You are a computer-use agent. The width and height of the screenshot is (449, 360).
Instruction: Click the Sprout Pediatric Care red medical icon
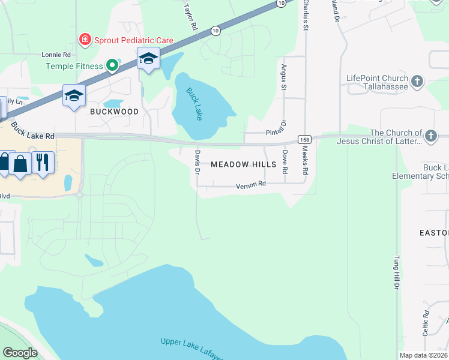[85, 40]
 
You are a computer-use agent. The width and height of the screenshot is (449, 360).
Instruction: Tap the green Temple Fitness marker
[112, 65]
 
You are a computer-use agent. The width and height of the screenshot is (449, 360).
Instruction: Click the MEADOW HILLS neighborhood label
[243, 164]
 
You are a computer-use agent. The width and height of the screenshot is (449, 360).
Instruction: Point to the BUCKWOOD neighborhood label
[114, 112]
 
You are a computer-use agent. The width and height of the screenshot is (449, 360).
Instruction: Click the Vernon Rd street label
[251, 185]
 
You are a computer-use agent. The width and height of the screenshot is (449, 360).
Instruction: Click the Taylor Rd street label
[191, 16]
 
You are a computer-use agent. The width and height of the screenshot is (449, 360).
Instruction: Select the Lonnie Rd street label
[56, 55]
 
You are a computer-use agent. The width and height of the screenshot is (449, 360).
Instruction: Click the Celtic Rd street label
[424, 322]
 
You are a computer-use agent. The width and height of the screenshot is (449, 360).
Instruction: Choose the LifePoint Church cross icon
[417, 80]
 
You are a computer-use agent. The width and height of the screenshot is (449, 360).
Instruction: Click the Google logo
[20, 353]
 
